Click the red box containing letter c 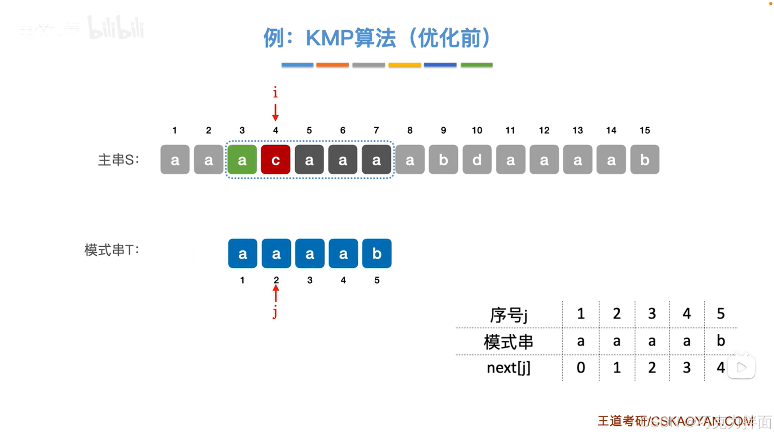pos(275,160)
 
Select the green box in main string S pos(242,160)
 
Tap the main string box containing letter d pos(477,160)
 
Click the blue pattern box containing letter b pos(377,254)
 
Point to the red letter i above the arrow pos(275,92)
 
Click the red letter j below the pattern pos(275,312)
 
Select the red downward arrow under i pos(275,112)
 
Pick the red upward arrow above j pos(276,293)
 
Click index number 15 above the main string pos(645,130)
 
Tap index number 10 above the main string pos(477,130)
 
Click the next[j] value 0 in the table pos(580,368)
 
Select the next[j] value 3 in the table pos(686,368)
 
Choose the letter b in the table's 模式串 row pos(721,341)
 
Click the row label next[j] pos(508,368)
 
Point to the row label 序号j pos(508,314)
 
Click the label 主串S pos(118,160)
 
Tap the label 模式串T pos(111,250)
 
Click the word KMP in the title pos(330,38)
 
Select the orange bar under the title pos(332,65)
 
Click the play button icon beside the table pos(741,367)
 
